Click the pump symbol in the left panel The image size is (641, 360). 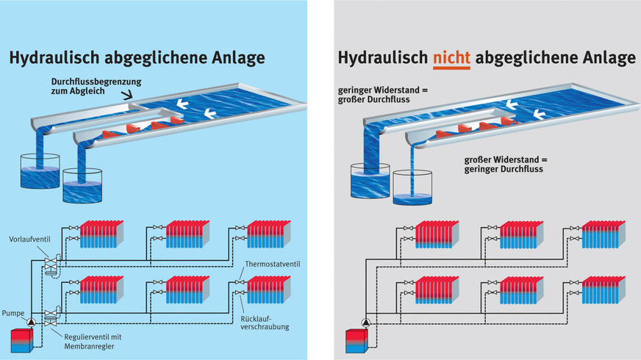click(32, 322)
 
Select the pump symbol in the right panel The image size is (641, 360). click(364, 322)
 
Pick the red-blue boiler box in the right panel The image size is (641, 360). click(356, 342)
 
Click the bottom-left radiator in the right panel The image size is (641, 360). click(437, 292)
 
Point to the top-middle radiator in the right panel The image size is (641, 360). click(521, 233)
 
